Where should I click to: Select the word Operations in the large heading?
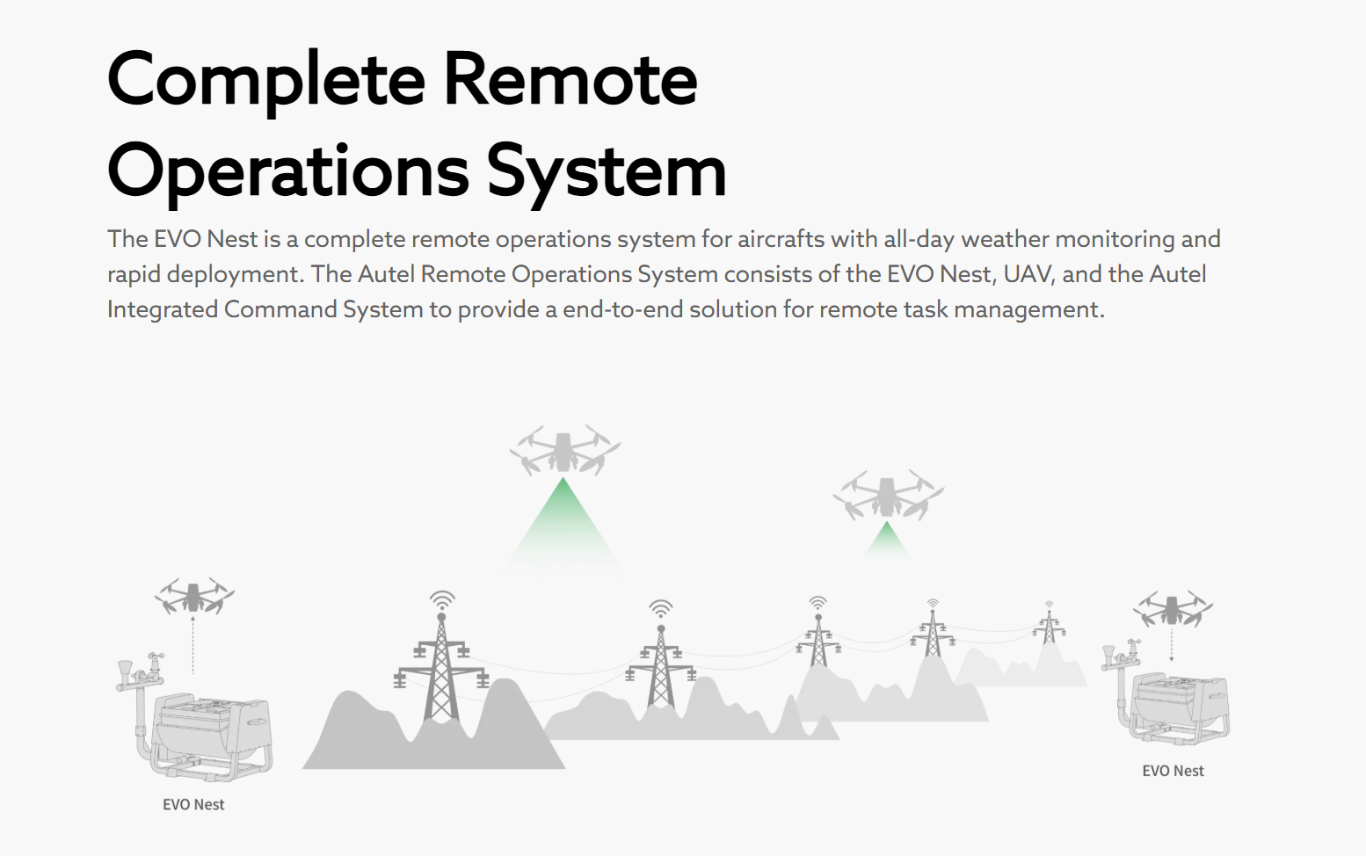click(x=288, y=172)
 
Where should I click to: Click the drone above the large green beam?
click(x=564, y=449)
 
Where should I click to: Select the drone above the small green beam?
click(x=888, y=494)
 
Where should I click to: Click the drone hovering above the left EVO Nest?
click(x=194, y=596)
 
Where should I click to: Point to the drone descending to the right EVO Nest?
click(x=1173, y=609)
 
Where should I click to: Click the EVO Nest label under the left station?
click(x=193, y=804)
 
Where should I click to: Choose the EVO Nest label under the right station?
click(x=1173, y=771)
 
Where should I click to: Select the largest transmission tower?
click(x=441, y=672)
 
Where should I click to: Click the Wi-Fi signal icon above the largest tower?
click(x=442, y=600)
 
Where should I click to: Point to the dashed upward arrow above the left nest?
click(x=193, y=644)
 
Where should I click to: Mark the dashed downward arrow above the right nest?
click(x=1172, y=644)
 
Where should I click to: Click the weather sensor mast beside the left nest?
click(x=139, y=694)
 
